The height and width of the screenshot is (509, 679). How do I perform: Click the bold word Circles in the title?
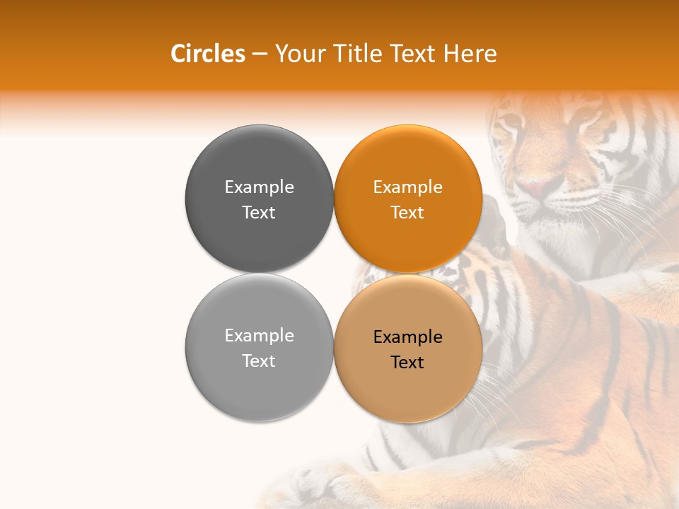click(207, 54)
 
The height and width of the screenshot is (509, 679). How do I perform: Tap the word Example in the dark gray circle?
click(259, 187)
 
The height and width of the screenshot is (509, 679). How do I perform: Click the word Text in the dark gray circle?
click(259, 212)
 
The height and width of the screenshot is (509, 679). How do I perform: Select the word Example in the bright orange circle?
click(407, 187)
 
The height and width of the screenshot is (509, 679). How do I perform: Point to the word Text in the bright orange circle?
click(407, 212)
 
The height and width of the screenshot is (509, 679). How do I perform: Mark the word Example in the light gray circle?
click(259, 335)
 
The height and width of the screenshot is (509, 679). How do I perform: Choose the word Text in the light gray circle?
click(259, 361)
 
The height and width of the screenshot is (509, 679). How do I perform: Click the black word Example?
click(407, 337)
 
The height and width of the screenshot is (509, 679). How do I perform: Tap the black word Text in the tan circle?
click(407, 362)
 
